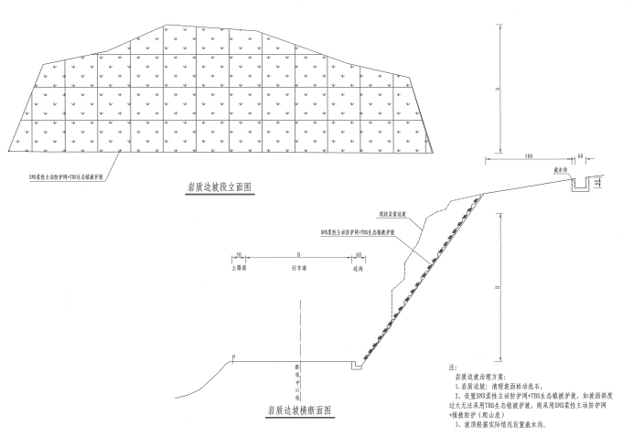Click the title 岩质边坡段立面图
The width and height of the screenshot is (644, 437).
pyautogui.click(x=218, y=187)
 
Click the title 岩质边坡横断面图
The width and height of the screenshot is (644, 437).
pyautogui.click(x=299, y=410)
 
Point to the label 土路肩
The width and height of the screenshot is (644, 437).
pyautogui.click(x=238, y=269)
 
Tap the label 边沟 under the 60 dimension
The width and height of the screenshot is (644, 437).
pyautogui.click(x=358, y=269)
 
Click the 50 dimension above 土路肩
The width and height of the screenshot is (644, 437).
pyautogui.click(x=238, y=255)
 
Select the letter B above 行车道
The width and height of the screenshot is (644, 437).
pyautogui.click(x=297, y=255)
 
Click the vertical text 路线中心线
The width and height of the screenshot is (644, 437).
pyautogui.click(x=296, y=376)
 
